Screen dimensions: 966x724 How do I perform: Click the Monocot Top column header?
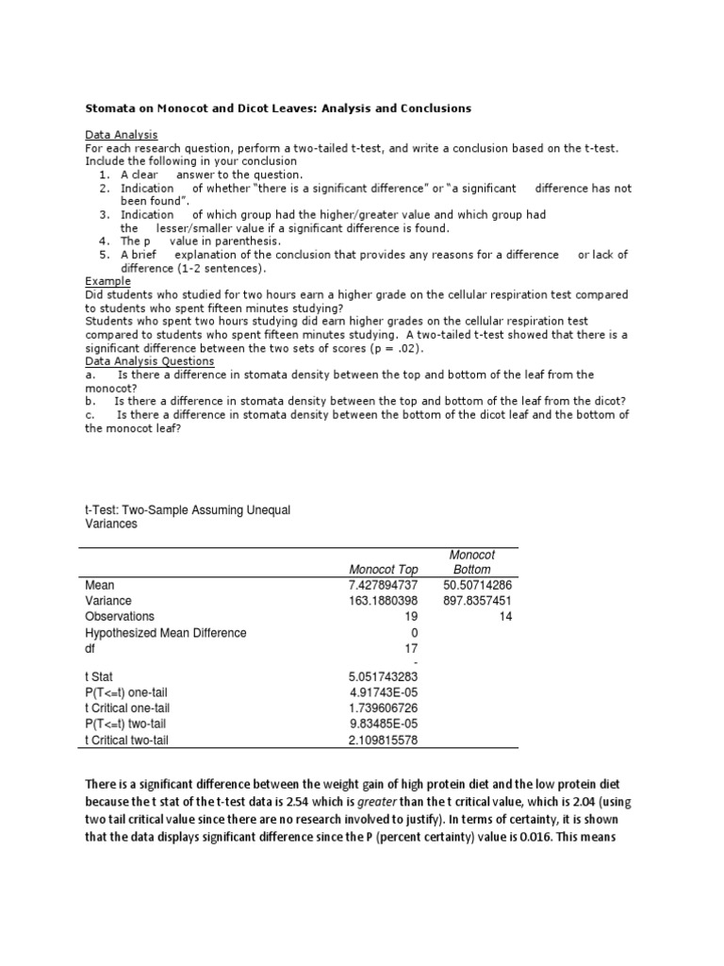(x=382, y=570)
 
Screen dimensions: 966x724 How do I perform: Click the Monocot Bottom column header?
(x=471, y=562)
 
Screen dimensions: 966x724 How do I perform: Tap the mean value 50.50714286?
(x=477, y=586)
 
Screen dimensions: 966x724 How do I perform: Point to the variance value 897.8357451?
(x=477, y=601)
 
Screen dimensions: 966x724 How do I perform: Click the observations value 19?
(x=410, y=616)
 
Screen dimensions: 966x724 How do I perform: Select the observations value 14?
(x=505, y=616)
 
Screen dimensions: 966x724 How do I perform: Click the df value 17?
(x=410, y=648)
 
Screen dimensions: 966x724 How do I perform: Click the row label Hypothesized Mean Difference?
(x=165, y=632)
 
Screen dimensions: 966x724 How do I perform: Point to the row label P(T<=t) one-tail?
(x=139, y=691)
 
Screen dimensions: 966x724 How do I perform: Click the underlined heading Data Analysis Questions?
(x=149, y=361)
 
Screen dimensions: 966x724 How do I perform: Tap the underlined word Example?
(x=107, y=281)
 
